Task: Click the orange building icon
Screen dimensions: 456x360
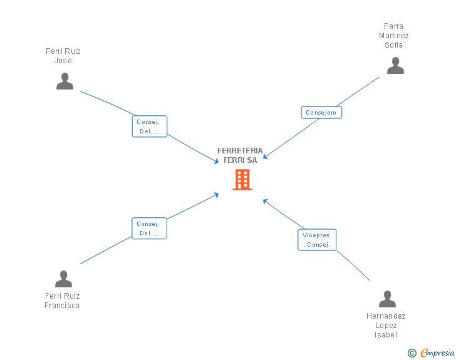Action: pyautogui.click(x=242, y=180)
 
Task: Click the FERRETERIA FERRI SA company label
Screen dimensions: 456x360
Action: pyautogui.click(x=241, y=155)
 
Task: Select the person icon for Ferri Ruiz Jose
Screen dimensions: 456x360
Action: pyautogui.click(x=65, y=81)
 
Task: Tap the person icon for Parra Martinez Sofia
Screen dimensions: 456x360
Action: pyautogui.click(x=395, y=66)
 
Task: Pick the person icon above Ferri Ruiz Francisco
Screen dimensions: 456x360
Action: pyautogui.click(x=63, y=279)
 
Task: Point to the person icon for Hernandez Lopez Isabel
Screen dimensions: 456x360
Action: pyautogui.click(x=387, y=299)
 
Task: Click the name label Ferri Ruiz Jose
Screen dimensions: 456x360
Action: pyautogui.click(x=63, y=56)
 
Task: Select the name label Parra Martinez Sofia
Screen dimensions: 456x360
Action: pyautogui.click(x=394, y=36)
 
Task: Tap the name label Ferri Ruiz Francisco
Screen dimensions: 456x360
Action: pyautogui.click(x=62, y=301)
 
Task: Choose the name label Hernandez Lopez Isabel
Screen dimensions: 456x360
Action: pyautogui.click(x=386, y=326)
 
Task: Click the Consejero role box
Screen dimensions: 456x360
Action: pyautogui.click(x=321, y=113)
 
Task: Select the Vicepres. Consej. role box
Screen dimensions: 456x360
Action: pyautogui.click(x=317, y=240)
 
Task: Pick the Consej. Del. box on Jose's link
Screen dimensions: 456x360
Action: pyautogui.click(x=150, y=126)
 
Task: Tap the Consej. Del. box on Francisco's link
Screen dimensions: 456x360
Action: pyautogui.click(x=149, y=229)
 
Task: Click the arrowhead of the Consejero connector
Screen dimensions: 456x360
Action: pyautogui.click(x=265, y=157)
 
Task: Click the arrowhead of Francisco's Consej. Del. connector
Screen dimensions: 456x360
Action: pyautogui.click(x=216, y=195)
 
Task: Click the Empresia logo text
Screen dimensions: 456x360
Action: pyautogui.click(x=437, y=352)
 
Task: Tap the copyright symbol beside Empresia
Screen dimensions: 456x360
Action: pyautogui.click(x=412, y=353)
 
